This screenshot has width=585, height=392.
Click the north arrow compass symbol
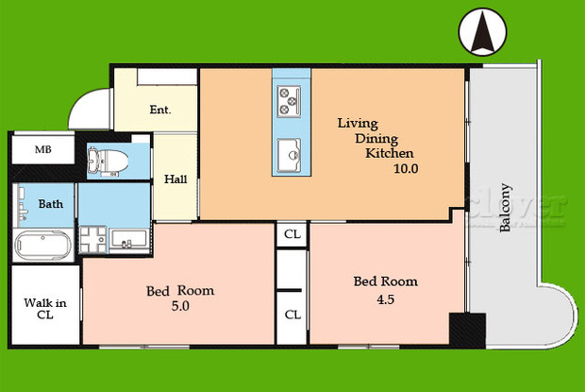click(482, 33)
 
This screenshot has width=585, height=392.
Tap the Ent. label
click(160, 110)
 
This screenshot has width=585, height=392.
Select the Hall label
click(175, 179)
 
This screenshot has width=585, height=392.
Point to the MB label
click(43, 150)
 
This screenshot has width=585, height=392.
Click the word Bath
click(50, 203)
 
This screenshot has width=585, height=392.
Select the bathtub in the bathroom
click(42, 247)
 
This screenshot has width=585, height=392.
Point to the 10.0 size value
click(406, 168)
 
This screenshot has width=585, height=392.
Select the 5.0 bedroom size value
click(178, 306)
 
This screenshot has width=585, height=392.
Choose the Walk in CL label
click(43, 309)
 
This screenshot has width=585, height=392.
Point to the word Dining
click(376, 138)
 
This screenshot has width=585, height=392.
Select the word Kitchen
click(390, 152)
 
